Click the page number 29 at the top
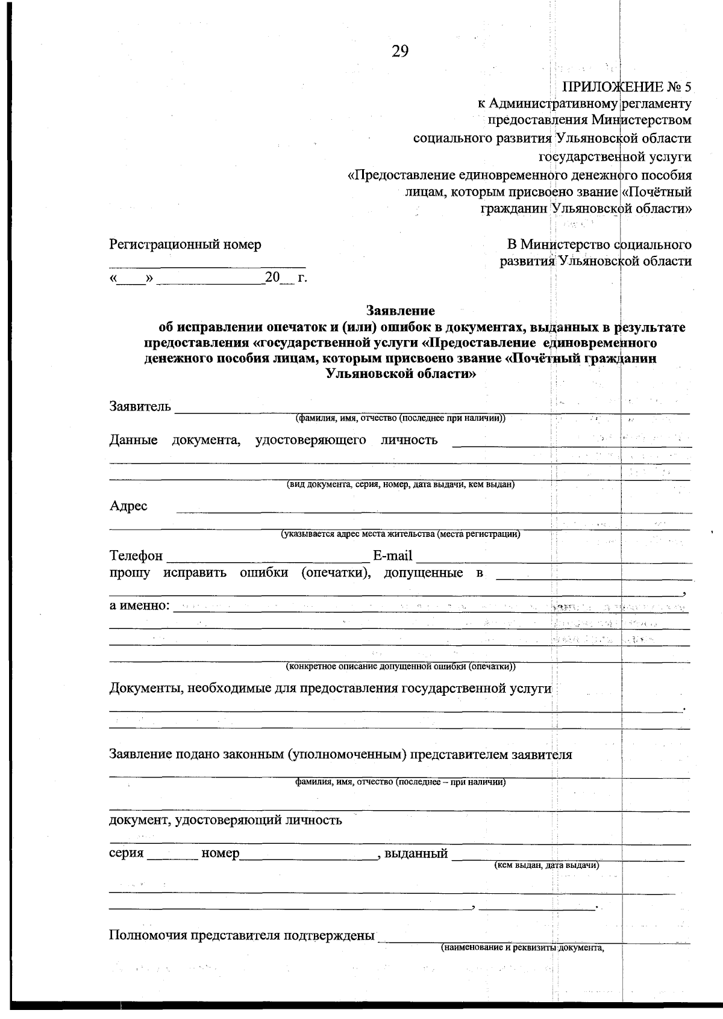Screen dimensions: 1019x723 [400, 52]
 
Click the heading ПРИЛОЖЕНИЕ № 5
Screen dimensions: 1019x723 [626, 86]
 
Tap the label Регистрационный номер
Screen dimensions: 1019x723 [185, 244]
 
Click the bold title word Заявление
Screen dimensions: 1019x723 [401, 311]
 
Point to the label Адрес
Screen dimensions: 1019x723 [128, 506]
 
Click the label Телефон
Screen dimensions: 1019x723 [136, 555]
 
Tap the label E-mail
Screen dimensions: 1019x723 [392, 555]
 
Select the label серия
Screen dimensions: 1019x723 [127, 853]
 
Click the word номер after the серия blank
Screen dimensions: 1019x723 [221, 853]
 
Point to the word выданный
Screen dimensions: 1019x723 [416, 853]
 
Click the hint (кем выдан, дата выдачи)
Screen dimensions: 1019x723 [546, 865]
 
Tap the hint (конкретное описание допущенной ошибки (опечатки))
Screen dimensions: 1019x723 [400, 666]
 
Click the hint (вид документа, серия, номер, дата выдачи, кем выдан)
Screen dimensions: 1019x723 [400, 485]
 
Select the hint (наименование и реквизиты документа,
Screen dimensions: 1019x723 [522, 947]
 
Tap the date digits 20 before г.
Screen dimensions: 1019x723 [273, 277]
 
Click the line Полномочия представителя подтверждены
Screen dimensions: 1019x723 [242, 935]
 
